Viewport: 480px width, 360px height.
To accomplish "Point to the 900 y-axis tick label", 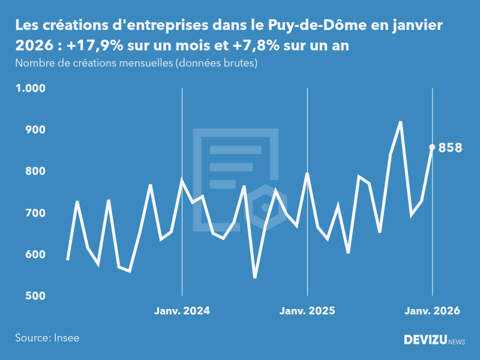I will tap(35, 130).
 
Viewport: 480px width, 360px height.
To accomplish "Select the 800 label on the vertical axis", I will tap(35, 172).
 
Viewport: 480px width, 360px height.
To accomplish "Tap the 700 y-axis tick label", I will tap(35, 213).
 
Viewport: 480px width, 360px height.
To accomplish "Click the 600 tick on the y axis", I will tap(35, 254).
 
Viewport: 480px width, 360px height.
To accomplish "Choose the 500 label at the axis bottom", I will tap(35, 296).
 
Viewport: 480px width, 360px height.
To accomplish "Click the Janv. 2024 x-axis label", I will tap(182, 311).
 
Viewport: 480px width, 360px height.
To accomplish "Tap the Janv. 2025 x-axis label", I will tap(307, 311).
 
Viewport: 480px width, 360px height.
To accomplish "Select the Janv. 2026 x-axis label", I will tap(432, 311).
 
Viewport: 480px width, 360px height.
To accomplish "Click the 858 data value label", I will tap(451, 148).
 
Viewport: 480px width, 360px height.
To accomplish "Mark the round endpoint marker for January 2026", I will tap(432, 147).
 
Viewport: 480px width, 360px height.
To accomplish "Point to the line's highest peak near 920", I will tap(400, 122).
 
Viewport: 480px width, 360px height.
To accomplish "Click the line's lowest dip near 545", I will tap(255, 277).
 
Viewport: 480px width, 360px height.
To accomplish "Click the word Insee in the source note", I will tap(66, 338).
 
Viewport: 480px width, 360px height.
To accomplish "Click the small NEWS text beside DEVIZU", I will tap(457, 341).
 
